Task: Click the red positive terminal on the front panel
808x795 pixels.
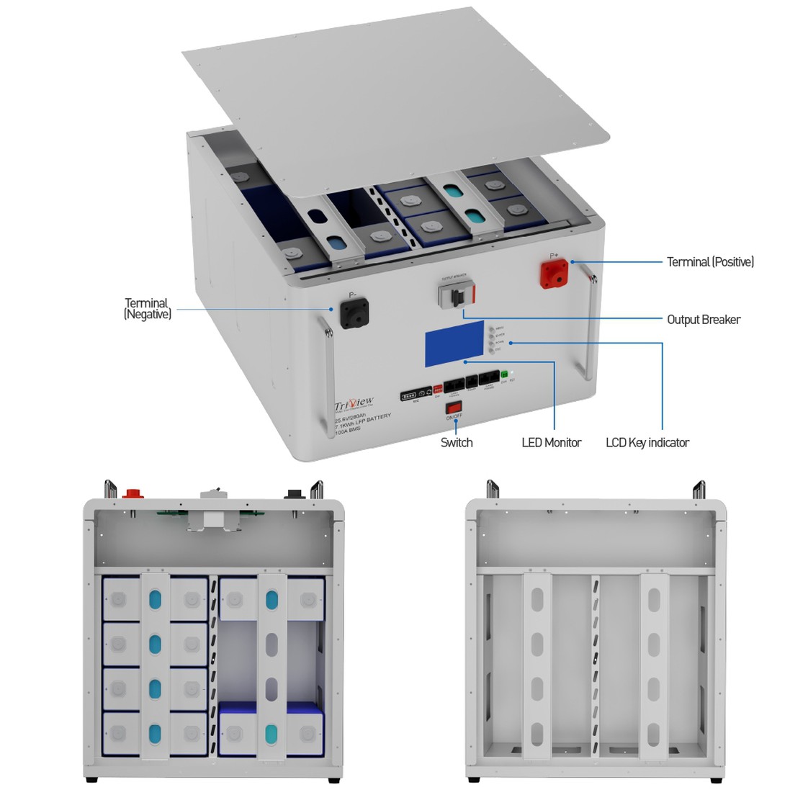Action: tap(555, 274)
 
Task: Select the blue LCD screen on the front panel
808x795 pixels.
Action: tap(454, 343)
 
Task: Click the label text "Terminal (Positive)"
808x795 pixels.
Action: tap(710, 262)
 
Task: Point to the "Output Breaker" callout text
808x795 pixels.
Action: tap(703, 320)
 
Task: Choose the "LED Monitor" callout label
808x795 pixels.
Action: tap(551, 442)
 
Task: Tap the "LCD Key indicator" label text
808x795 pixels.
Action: tap(647, 442)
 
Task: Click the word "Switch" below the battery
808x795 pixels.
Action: tap(457, 442)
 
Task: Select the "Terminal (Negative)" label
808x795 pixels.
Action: tap(148, 309)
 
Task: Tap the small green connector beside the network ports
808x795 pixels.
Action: tap(504, 374)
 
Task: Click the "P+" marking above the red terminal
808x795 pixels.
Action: tap(554, 256)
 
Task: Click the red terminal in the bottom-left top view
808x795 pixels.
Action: tap(133, 494)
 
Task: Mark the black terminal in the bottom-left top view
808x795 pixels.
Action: tap(293, 495)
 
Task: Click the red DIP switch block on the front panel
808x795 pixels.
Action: tap(437, 389)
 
